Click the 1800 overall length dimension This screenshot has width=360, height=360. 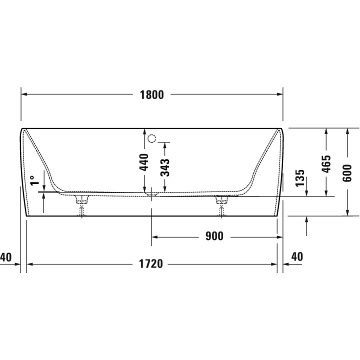(151, 95)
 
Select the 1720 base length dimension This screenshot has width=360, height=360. (151, 264)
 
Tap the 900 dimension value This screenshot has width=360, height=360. (214, 236)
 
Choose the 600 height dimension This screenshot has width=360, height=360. (347, 172)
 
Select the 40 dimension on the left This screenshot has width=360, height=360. (6, 257)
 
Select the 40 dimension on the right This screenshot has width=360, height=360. (296, 257)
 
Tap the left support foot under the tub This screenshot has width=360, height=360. (81, 205)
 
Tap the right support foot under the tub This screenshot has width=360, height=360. (221, 205)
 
